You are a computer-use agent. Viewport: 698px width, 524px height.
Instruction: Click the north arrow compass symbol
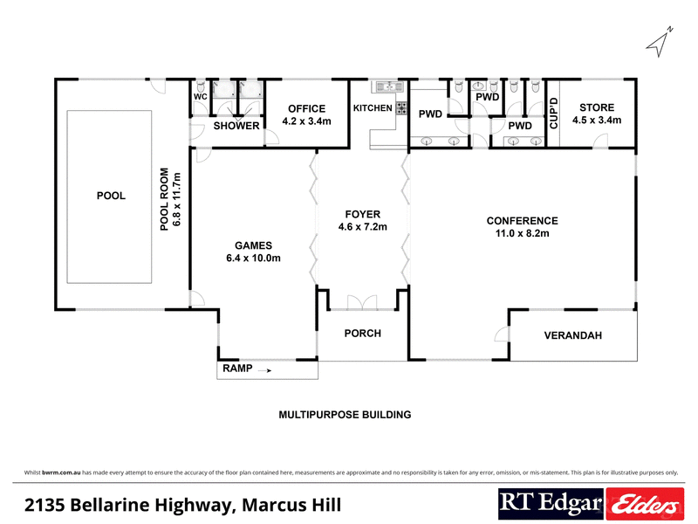[x=660, y=40]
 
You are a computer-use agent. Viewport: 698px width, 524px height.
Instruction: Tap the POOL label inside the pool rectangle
[x=111, y=196]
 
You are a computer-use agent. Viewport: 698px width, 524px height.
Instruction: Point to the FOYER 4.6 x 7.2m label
[x=362, y=220]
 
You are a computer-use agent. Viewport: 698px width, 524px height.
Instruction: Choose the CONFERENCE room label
[x=522, y=227]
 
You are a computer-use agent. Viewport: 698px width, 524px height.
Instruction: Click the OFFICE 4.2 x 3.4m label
[x=306, y=115]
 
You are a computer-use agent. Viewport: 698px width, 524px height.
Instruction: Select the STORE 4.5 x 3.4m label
[x=596, y=114]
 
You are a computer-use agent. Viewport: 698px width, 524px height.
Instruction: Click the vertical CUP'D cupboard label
[x=553, y=114]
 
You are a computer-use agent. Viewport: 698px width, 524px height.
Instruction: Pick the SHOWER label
[x=236, y=126]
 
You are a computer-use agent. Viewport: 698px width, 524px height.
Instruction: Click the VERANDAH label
[x=572, y=335]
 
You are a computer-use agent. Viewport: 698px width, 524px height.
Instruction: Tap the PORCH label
[x=363, y=334]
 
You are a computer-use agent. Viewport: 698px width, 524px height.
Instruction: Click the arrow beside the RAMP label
[x=264, y=370]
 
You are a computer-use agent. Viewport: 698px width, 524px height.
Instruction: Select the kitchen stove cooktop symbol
[x=402, y=108]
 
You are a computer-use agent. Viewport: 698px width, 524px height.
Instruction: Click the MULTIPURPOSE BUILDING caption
[x=344, y=415]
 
